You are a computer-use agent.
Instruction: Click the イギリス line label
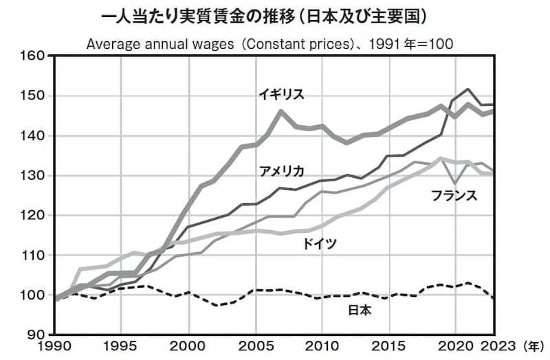(x=281, y=94)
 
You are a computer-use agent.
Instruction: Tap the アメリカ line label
(x=283, y=171)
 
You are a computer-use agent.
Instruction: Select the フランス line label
(x=454, y=195)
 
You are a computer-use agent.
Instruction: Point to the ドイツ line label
(x=319, y=244)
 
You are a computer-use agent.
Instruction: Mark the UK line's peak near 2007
(x=280, y=111)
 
